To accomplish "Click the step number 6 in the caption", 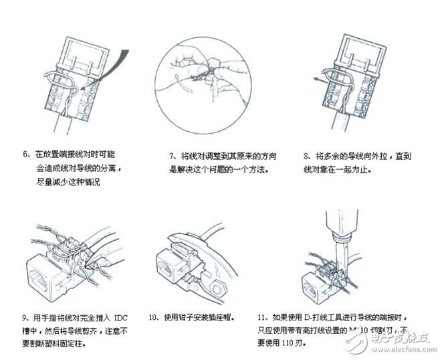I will point(26,155).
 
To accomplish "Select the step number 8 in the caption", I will point(306,155).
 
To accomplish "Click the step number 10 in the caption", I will point(153,317).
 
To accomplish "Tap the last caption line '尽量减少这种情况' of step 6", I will point(68,182).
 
